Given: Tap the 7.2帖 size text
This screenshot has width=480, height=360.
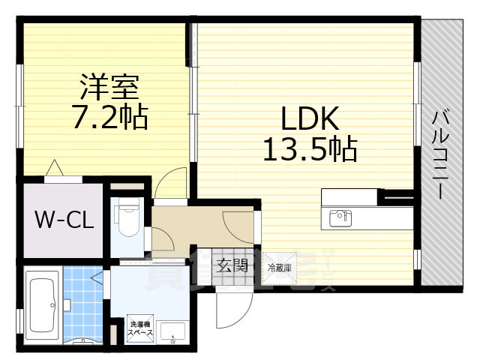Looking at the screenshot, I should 109,118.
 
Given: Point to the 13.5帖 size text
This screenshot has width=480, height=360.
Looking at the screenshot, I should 309,150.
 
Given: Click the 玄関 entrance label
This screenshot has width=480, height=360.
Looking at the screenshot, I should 232,264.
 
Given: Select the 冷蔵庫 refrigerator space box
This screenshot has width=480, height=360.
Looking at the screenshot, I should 279,266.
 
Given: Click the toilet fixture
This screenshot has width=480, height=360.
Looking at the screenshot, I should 125,218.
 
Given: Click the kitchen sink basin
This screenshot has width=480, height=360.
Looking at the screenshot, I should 340,218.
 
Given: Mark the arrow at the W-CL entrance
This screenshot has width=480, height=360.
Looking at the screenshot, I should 54,168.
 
